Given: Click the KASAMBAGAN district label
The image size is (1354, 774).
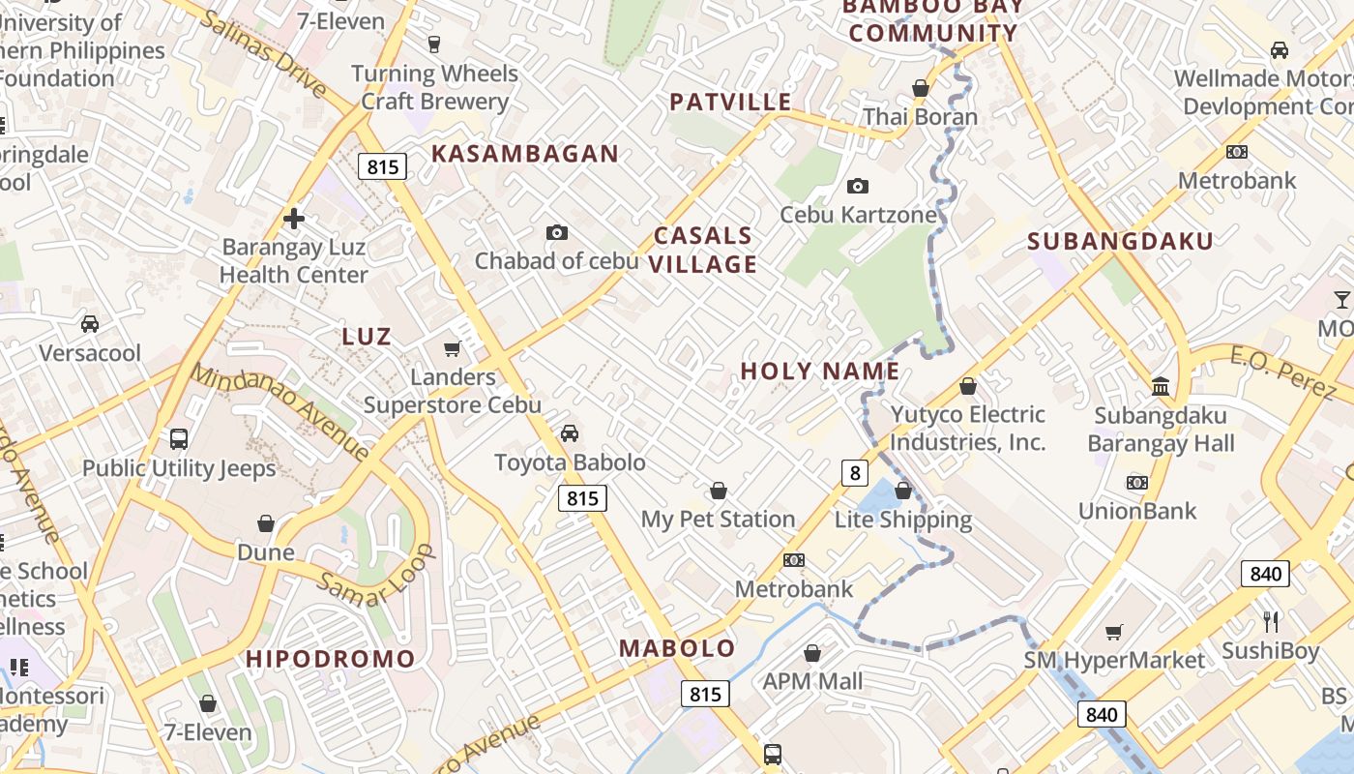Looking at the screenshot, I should pos(524,153).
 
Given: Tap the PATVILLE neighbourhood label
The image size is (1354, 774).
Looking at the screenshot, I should pos(730,102).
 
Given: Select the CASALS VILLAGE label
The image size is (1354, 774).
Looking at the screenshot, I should pos(703,250).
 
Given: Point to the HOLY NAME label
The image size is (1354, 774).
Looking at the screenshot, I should pos(820,371).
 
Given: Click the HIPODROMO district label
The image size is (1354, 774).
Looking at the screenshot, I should pos(330,659).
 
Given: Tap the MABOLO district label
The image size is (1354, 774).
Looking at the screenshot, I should pos(677,648).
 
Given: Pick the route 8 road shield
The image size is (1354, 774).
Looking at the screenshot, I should pos(854,472).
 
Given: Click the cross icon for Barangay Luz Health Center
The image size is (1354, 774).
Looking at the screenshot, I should pos(294,219).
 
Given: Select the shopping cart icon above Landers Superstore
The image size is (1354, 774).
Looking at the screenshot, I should pos(452,348).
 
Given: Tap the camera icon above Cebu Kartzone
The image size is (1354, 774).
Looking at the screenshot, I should pos(857,186).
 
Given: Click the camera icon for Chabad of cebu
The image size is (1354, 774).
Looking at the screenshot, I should pos(556,232).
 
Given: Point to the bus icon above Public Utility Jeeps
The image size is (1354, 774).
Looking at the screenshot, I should pos(179,439).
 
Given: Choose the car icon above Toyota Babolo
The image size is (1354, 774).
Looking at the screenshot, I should pos(570,432).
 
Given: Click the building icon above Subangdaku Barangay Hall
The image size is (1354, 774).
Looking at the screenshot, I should pos(1161,387).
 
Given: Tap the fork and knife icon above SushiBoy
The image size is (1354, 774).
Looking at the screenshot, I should pos(1271,621).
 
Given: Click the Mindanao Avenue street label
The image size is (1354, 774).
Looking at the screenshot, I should pos(280,411).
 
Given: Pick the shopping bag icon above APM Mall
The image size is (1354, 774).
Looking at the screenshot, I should pos(812,653).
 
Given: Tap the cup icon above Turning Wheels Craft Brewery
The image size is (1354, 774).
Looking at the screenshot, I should pos(434,44).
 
